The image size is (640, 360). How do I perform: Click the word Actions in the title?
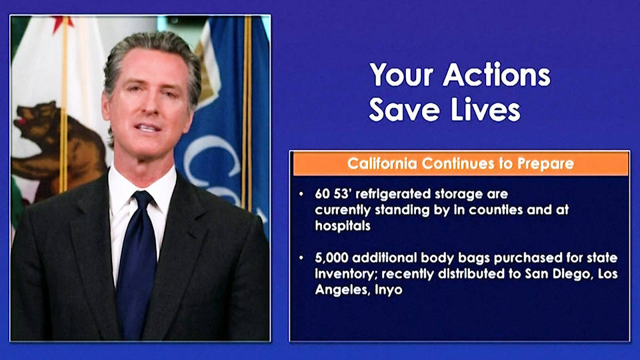tap(497, 75)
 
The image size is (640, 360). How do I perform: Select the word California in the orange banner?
tap(383, 163)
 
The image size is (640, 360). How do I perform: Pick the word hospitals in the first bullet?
tap(343, 226)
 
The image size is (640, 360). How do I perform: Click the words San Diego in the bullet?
tap(558, 273)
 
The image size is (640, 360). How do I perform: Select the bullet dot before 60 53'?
tap(301, 194)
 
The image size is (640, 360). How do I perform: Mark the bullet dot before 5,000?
tap(301, 258)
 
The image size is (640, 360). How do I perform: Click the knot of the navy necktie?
tap(143, 201)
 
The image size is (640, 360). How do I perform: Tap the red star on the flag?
tap(62, 23)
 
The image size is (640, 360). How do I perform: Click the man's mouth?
tap(147, 128)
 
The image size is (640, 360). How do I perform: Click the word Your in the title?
tap(401, 75)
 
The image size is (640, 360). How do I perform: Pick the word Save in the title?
tap(404, 109)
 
